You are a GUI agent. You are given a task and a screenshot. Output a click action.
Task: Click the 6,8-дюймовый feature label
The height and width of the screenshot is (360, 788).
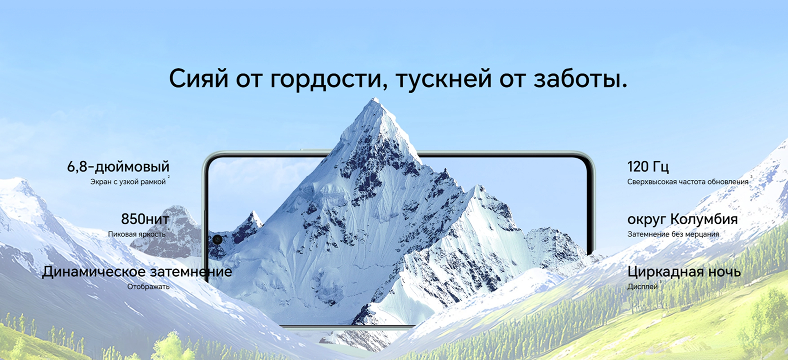[x=118, y=167]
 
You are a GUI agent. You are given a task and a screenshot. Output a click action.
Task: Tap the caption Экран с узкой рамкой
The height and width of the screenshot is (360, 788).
[x=128, y=182]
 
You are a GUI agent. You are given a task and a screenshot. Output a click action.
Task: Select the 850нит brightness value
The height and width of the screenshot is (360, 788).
[x=145, y=219]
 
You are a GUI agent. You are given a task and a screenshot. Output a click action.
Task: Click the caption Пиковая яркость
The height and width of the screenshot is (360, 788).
[x=137, y=234]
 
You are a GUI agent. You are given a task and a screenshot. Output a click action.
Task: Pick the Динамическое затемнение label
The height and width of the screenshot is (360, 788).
[x=137, y=272]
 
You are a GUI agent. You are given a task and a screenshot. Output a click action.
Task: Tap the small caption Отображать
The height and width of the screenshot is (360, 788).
[x=148, y=287]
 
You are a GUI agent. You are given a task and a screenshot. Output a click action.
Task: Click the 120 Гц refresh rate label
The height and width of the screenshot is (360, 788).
[x=648, y=167]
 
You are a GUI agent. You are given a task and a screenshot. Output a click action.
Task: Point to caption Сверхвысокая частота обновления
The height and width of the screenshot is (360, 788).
[x=688, y=182]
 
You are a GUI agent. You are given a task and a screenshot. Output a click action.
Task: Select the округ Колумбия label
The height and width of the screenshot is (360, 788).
[x=682, y=220]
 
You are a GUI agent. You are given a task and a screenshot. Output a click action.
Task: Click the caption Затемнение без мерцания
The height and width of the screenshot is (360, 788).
[x=673, y=234]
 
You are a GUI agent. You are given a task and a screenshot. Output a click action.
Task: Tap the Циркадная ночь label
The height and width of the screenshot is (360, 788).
[x=684, y=272]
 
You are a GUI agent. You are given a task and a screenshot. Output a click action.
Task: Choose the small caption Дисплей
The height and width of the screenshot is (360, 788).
[x=642, y=287]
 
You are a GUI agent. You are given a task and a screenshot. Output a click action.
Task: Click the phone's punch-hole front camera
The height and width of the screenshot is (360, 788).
[x=217, y=240]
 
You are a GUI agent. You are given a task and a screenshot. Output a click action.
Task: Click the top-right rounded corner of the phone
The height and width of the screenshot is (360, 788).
[x=590, y=158]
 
